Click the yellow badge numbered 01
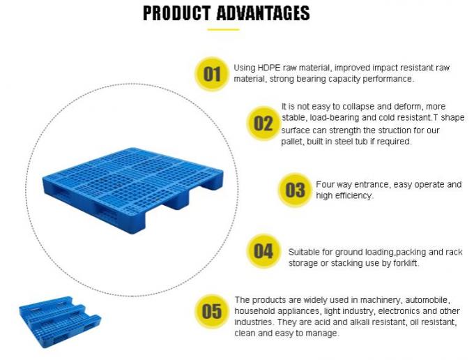click(212, 73)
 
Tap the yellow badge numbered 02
click(263, 123)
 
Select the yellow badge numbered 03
click(296, 190)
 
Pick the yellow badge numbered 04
click(263, 251)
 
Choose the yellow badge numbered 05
click(212, 311)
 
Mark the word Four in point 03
click(326, 185)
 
